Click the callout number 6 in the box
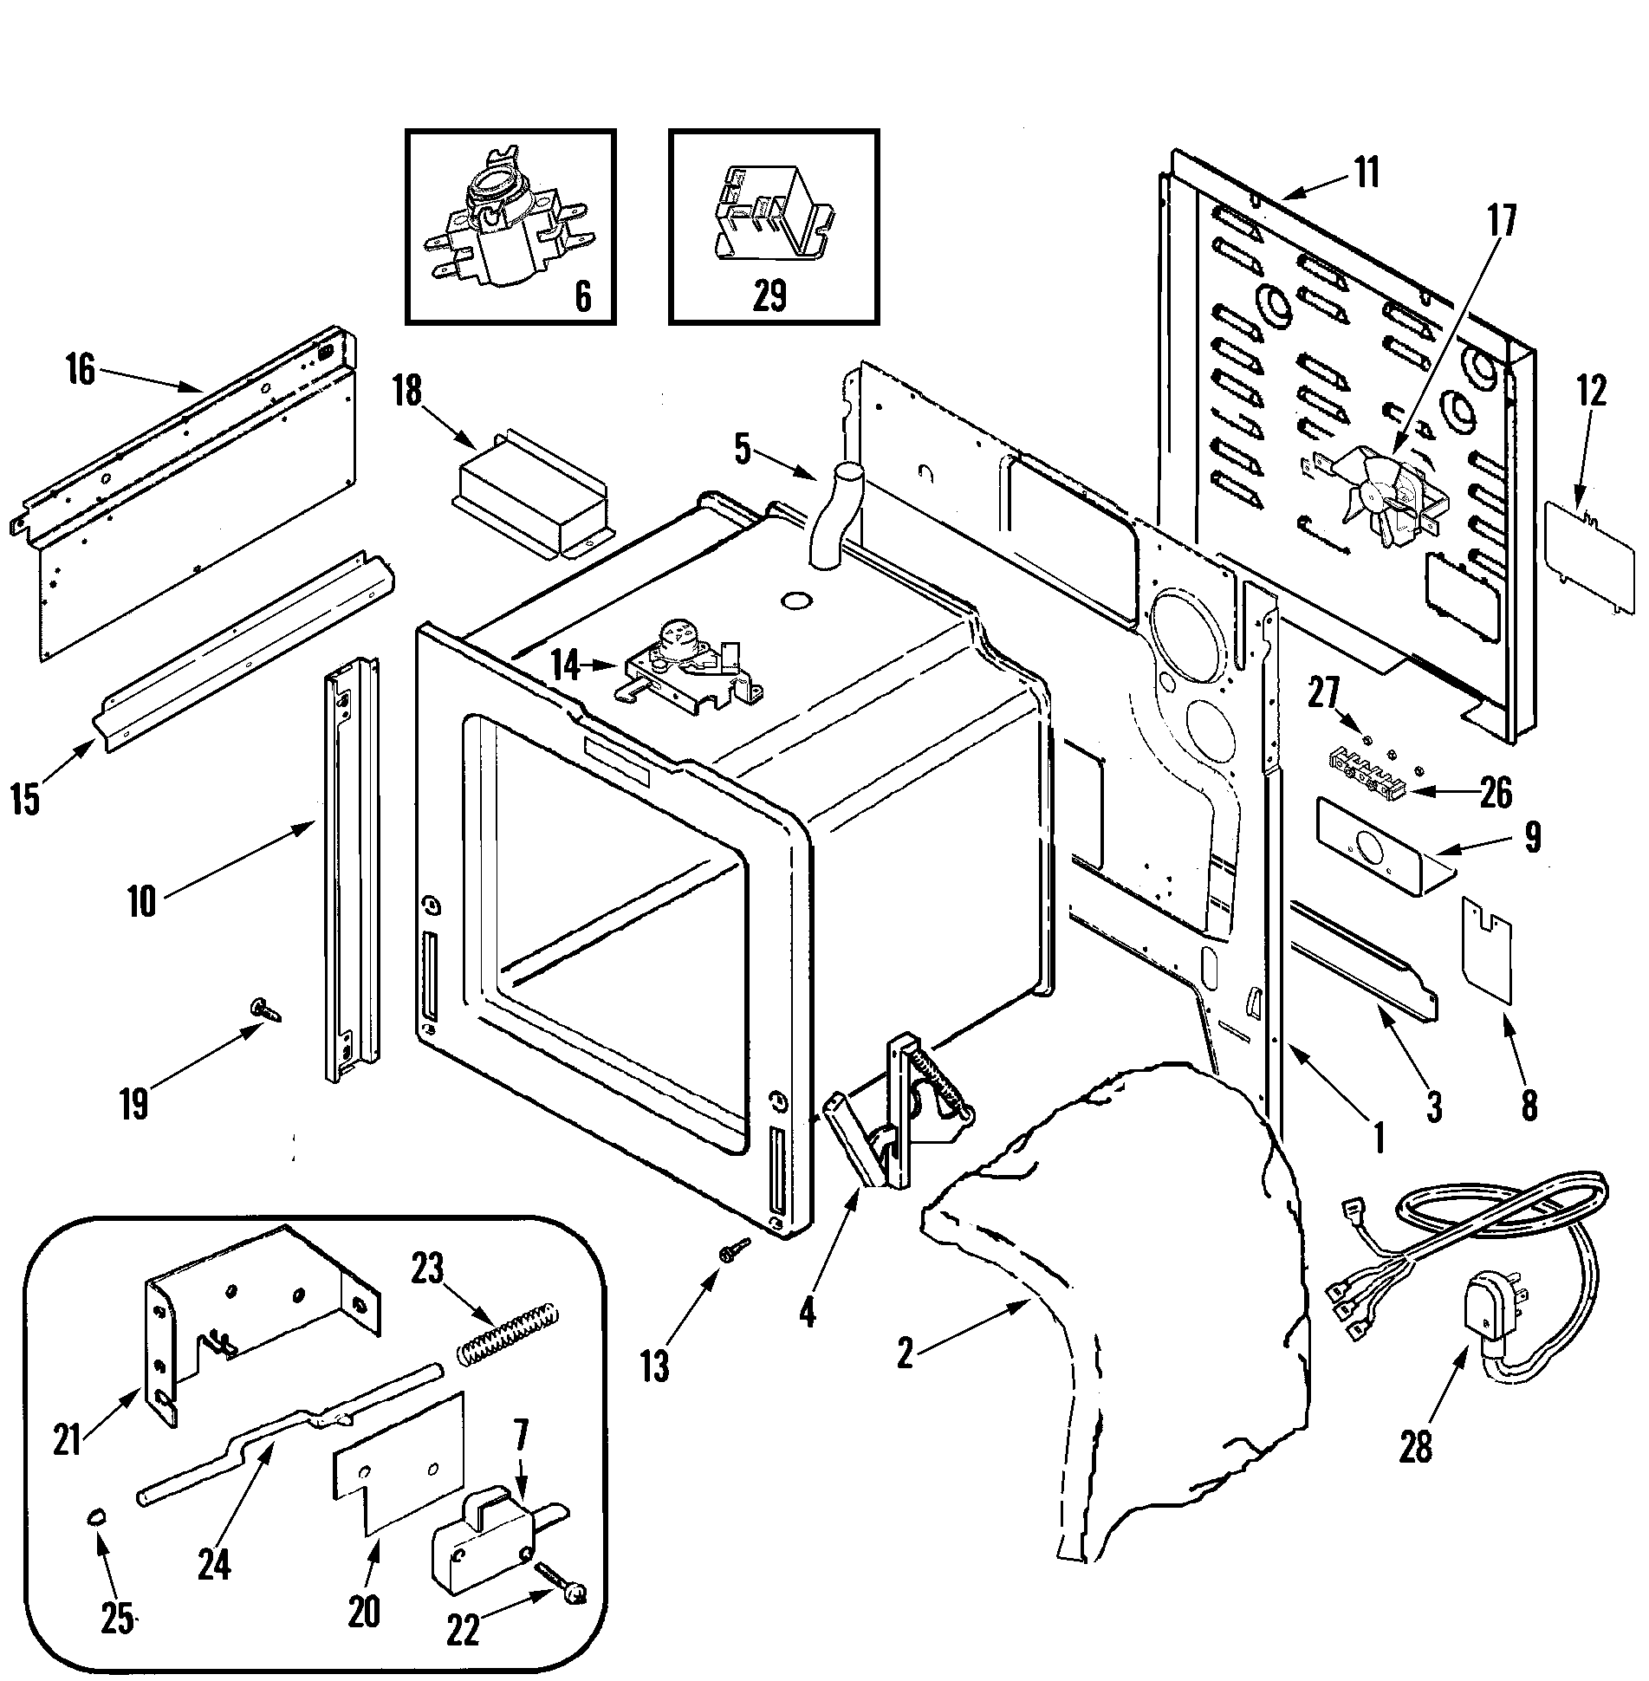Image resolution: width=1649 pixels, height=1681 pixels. pos(582,296)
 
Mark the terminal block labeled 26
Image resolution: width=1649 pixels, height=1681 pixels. pos(1367,766)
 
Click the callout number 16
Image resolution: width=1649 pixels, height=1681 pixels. pos(80,372)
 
